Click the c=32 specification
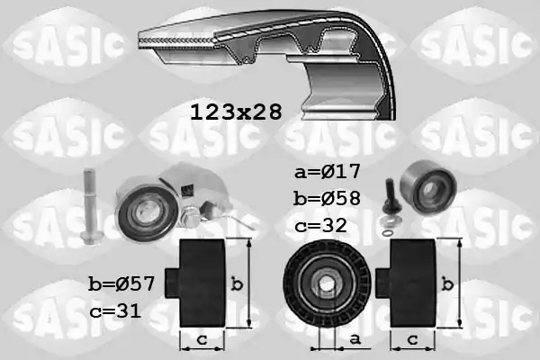coord(319,225)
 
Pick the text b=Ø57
coord(121,283)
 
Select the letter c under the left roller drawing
coord(202,339)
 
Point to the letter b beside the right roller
coord(447,284)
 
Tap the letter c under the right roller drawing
coord(411,339)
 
